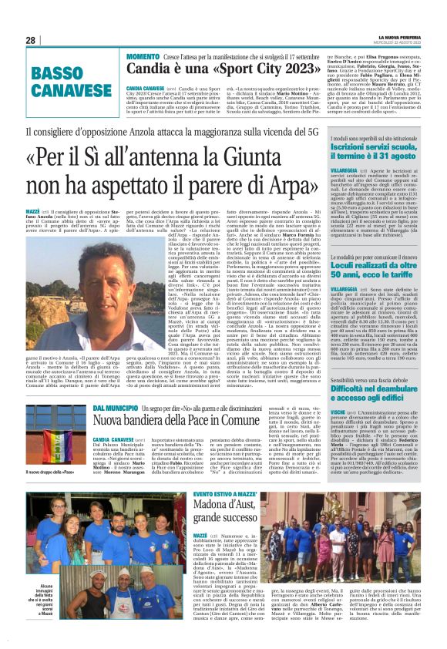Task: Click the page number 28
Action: coord(30,40)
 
